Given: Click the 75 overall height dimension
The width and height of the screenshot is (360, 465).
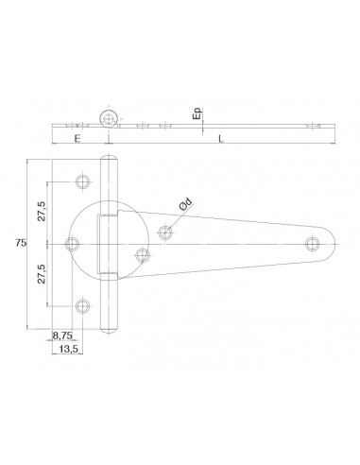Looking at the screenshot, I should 20,245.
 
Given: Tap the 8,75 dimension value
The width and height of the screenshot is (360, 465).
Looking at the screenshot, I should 65,335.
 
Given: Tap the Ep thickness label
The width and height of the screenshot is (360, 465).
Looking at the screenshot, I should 196,116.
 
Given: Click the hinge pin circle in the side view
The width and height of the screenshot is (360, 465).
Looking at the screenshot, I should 111,118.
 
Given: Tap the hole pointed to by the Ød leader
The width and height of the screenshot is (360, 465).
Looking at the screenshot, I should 166,231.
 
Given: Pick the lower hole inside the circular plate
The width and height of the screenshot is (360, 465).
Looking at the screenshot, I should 143,255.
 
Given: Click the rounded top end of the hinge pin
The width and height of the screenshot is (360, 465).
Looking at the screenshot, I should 110,164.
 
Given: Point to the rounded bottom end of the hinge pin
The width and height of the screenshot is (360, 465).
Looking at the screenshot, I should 110,325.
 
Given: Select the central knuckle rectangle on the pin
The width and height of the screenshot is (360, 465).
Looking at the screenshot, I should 110,245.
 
